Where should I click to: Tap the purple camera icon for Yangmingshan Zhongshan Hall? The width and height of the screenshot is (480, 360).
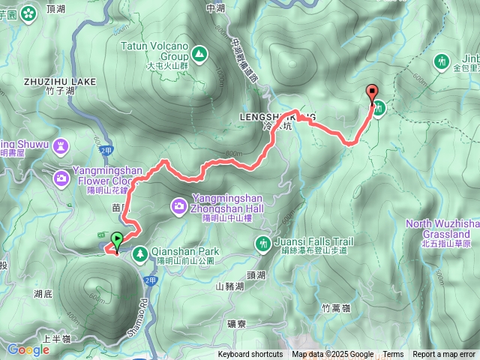click(179, 205)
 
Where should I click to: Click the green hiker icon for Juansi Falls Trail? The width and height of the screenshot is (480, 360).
click(262, 242)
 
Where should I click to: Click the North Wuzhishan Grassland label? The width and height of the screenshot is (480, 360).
click(442, 228)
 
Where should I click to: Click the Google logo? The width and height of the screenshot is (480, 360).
click(28, 349)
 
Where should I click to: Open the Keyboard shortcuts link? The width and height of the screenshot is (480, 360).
click(250, 355)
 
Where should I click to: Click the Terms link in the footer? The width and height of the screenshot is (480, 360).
click(393, 355)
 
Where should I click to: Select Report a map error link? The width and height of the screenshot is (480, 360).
click(444, 355)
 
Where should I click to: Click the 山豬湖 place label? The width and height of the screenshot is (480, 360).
click(229, 286)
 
